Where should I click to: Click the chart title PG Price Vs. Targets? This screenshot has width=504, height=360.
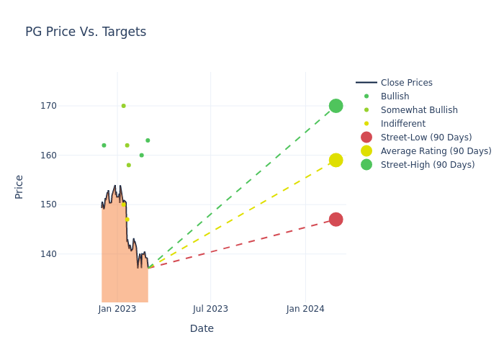pyautogui.click(x=86, y=32)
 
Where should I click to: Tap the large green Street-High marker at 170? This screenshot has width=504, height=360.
pyautogui.click(x=336, y=106)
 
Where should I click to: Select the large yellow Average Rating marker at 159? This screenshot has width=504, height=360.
pyautogui.click(x=336, y=160)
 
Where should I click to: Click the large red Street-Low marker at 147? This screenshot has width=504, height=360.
pyautogui.click(x=336, y=220)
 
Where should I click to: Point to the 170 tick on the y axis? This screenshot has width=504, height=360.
pyautogui.click(x=68, y=106)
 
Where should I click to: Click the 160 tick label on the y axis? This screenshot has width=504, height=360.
pyautogui.click(x=68, y=156)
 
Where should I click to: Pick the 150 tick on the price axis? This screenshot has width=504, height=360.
pyautogui.click(x=68, y=204)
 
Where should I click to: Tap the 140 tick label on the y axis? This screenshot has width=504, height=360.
pyautogui.click(x=68, y=254)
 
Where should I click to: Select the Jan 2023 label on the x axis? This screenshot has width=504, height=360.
pyautogui.click(x=117, y=309)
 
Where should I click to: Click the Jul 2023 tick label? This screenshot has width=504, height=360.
pyautogui.click(x=211, y=309)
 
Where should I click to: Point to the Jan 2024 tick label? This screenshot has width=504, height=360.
pyautogui.click(x=305, y=309)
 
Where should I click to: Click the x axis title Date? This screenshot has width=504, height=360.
pyautogui.click(x=202, y=328)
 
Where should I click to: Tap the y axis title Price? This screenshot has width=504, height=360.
pyautogui.click(x=19, y=186)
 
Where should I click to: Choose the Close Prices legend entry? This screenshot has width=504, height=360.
pyautogui.click(x=406, y=83)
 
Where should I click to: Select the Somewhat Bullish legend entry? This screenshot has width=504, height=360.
pyautogui.click(x=419, y=110)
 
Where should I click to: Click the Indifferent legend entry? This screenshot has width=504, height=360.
pyautogui.click(x=402, y=124)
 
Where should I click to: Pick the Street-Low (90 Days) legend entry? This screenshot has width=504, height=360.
pyautogui.click(x=426, y=138)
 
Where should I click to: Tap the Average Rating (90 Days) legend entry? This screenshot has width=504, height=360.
pyautogui.click(x=436, y=151)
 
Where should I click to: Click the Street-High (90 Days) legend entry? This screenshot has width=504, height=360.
pyautogui.click(x=428, y=165)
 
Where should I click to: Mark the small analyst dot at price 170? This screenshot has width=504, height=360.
pyautogui.click(x=123, y=106)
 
